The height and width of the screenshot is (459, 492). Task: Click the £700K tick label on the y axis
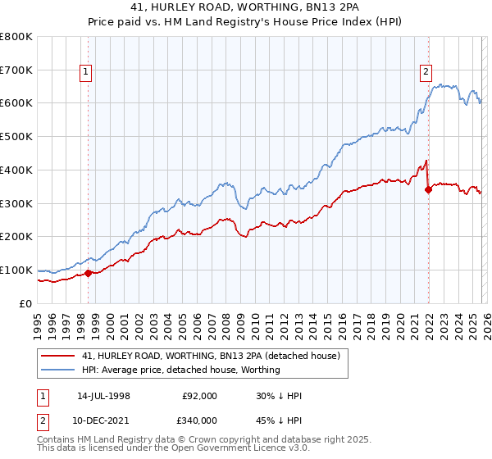tap(16, 70)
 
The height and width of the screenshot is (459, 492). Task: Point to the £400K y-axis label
tap(16, 170)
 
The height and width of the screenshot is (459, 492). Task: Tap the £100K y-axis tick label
tap(16, 270)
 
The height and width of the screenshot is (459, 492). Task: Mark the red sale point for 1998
tap(89, 273)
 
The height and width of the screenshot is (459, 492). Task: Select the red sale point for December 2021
tap(428, 190)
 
